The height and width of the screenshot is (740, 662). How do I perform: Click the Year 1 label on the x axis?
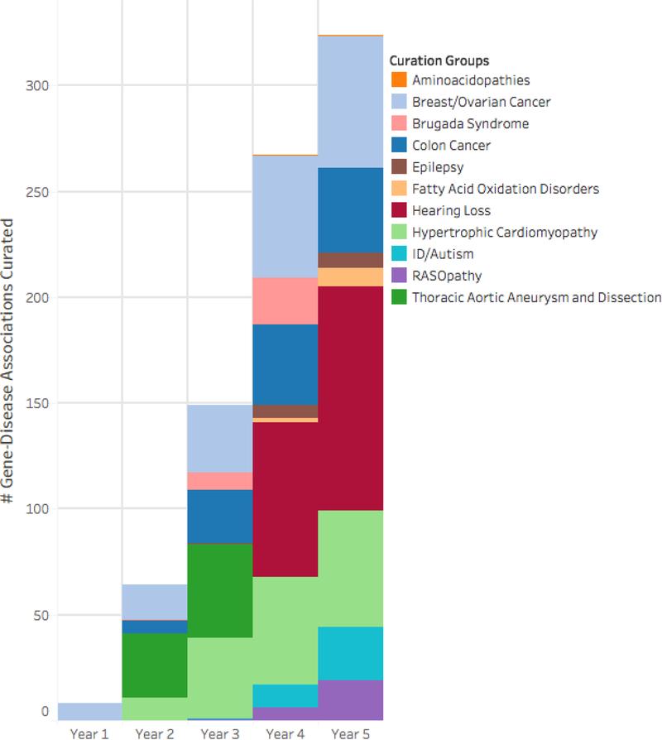(x=89, y=733)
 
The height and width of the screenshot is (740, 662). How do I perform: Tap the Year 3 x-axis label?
(x=219, y=733)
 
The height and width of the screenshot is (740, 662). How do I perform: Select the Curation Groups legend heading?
(x=439, y=60)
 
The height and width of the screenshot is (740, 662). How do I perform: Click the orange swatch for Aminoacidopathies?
(x=399, y=80)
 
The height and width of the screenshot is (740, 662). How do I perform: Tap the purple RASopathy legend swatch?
(x=399, y=275)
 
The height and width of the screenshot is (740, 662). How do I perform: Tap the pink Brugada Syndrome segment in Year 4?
(x=285, y=300)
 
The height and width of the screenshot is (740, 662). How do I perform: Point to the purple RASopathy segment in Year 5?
(x=350, y=699)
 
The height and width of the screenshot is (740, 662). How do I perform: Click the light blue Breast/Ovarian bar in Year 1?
(x=89, y=711)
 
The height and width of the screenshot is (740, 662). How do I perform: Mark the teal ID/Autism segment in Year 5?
(x=350, y=653)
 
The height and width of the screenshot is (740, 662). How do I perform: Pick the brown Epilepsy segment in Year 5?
(x=350, y=260)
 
